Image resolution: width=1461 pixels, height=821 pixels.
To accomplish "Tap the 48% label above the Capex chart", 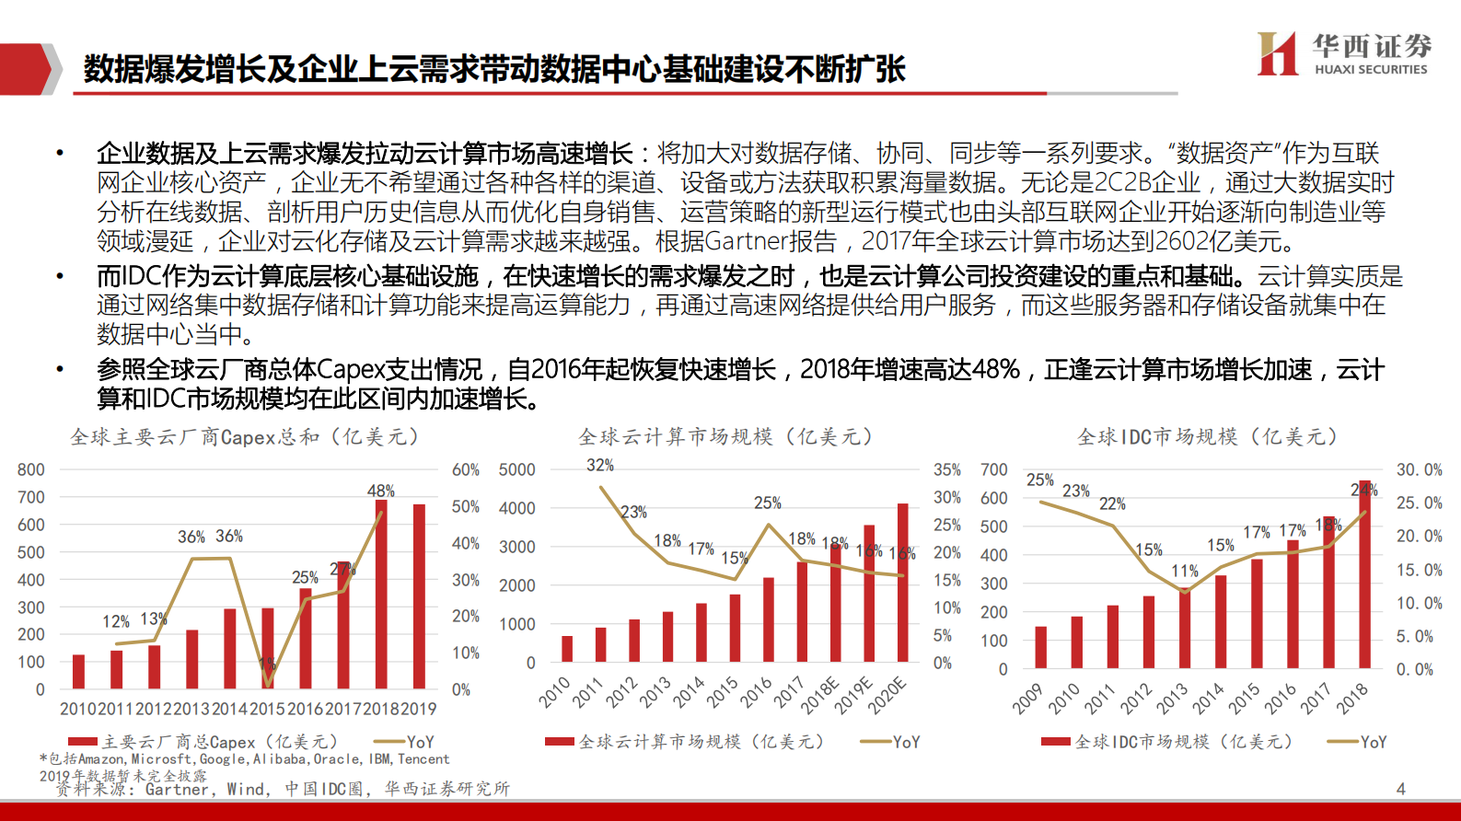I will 381,491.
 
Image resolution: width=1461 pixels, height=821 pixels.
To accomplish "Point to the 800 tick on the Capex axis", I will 31,469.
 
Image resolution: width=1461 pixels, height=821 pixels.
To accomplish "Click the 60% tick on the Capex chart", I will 466,469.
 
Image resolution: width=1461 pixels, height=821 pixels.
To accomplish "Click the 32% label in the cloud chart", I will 600,466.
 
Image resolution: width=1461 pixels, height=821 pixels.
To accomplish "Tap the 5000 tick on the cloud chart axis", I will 516,469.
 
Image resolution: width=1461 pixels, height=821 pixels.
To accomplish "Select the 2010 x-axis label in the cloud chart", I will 555,692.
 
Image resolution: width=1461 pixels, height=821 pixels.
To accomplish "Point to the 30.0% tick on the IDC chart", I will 1419,469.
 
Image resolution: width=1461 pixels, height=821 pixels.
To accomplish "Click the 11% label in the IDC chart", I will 1185,572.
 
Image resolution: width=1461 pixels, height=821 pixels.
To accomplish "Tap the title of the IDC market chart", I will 1207,436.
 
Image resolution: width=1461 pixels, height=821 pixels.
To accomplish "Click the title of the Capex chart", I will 245,436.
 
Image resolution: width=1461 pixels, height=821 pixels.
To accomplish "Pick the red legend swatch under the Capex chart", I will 83,742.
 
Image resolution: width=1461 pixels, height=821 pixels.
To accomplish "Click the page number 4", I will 1400,789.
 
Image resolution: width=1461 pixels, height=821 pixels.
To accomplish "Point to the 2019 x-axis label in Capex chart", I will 419,709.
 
